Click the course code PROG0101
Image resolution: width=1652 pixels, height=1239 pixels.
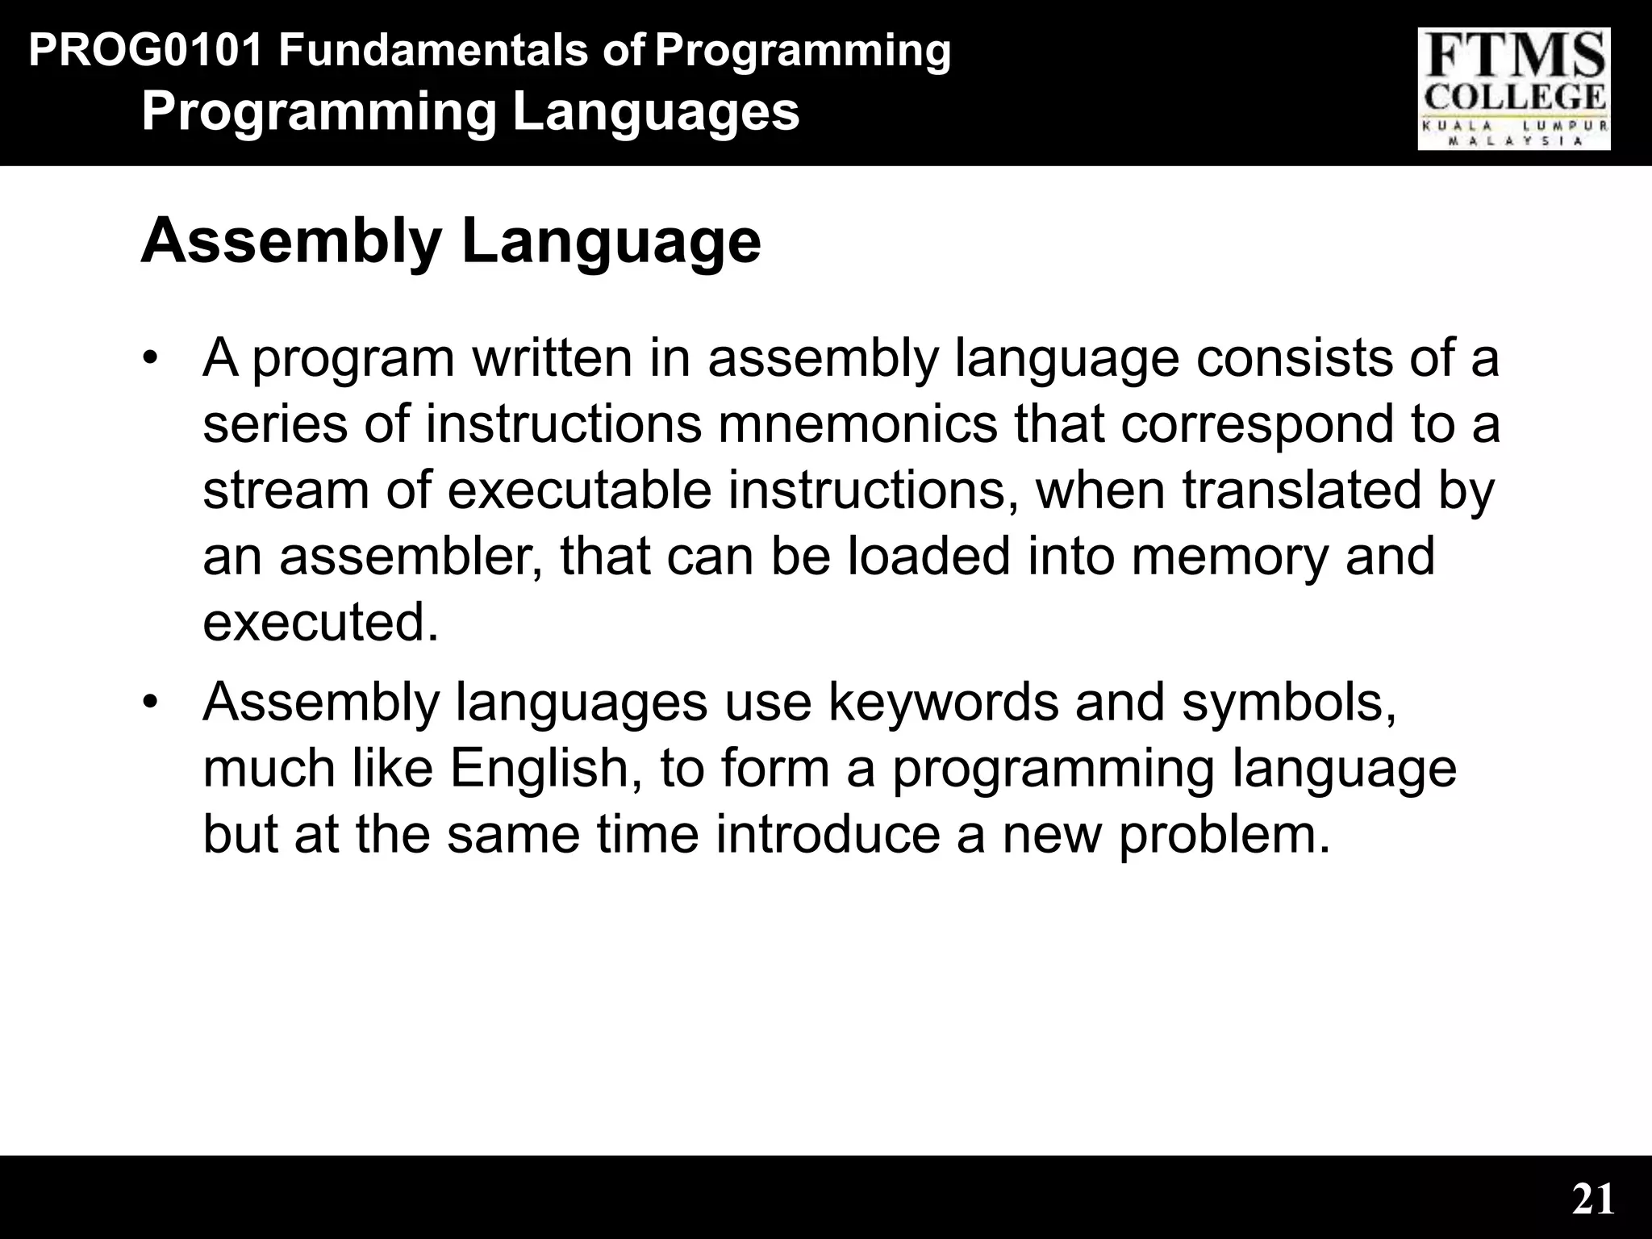[146, 51]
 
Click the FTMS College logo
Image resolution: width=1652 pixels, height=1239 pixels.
[1513, 89]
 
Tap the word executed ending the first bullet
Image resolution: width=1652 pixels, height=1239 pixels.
[320, 622]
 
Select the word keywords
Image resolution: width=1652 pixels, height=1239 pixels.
[943, 702]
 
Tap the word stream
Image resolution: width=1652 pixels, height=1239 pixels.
[285, 490]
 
